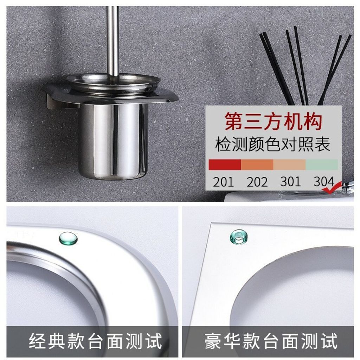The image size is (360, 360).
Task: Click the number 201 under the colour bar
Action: point(223,182)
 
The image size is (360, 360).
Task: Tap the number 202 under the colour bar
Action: point(257,182)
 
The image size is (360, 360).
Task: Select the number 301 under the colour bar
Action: point(290,181)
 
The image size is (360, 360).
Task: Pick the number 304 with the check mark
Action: point(324,181)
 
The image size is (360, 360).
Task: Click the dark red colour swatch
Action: point(225,165)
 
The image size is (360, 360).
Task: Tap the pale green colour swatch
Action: point(322,165)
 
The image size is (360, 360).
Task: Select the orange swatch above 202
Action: point(257,165)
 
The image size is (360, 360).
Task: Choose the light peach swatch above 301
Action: point(290,165)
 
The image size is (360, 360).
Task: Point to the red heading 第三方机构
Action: point(273,121)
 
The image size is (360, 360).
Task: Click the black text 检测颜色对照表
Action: point(273,144)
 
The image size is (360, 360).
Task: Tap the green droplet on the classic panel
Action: point(68,238)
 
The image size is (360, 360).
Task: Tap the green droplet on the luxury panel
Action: point(239,237)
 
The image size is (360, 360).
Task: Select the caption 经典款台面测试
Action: point(96,341)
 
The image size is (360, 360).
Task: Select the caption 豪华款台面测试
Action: point(271,341)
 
